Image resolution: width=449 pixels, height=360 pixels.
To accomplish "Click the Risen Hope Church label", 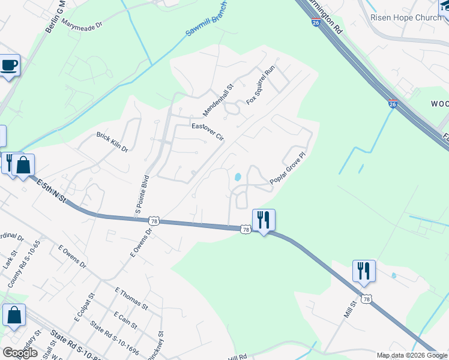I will point(406,17).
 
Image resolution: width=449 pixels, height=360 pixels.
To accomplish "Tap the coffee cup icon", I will point(9,65).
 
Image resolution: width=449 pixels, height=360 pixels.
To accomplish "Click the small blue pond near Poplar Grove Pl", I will point(238,177).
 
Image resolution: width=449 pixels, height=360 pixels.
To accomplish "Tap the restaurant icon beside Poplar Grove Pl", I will point(264,220).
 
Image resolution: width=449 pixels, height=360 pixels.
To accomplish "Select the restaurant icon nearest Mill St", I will point(364,271).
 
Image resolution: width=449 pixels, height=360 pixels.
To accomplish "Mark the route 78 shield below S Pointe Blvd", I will point(154,221).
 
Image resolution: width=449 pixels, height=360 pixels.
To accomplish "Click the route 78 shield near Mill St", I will point(366,298).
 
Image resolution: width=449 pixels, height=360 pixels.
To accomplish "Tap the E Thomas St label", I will point(131,298).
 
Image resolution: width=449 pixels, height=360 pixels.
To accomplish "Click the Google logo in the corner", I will point(20,352).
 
